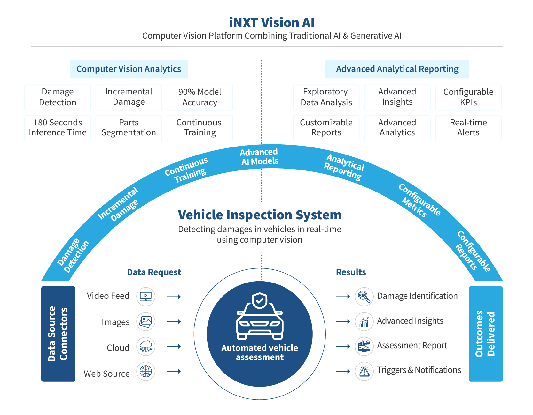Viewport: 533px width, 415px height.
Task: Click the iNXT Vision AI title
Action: click(x=272, y=23)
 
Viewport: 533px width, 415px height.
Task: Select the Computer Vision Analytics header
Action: click(x=129, y=69)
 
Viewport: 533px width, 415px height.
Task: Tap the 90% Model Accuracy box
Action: click(x=200, y=97)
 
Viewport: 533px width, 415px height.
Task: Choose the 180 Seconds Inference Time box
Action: click(x=58, y=128)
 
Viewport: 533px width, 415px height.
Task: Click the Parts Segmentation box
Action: click(x=129, y=128)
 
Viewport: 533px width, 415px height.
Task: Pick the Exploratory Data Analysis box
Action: click(x=326, y=97)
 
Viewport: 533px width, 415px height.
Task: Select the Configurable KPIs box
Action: click(x=468, y=97)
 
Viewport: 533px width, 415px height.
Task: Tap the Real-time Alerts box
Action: click(x=468, y=128)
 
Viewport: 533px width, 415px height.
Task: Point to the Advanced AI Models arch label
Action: click(x=259, y=157)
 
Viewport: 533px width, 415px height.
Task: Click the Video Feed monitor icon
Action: click(x=146, y=297)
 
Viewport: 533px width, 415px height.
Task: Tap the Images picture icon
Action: click(x=146, y=321)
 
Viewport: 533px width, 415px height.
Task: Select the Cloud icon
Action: click(x=146, y=346)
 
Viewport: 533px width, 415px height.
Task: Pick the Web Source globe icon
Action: click(x=146, y=371)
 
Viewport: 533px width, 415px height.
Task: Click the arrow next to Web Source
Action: click(x=174, y=371)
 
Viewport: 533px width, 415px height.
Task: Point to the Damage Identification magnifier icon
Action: click(x=364, y=297)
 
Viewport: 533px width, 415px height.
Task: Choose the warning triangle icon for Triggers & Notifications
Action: click(x=364, y=371)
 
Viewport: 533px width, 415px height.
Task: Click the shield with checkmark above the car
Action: click(x=260, y=301)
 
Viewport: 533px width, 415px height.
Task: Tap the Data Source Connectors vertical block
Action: click(x=58, y=334)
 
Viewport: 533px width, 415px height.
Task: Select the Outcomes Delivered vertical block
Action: click(x=486, y=334)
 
